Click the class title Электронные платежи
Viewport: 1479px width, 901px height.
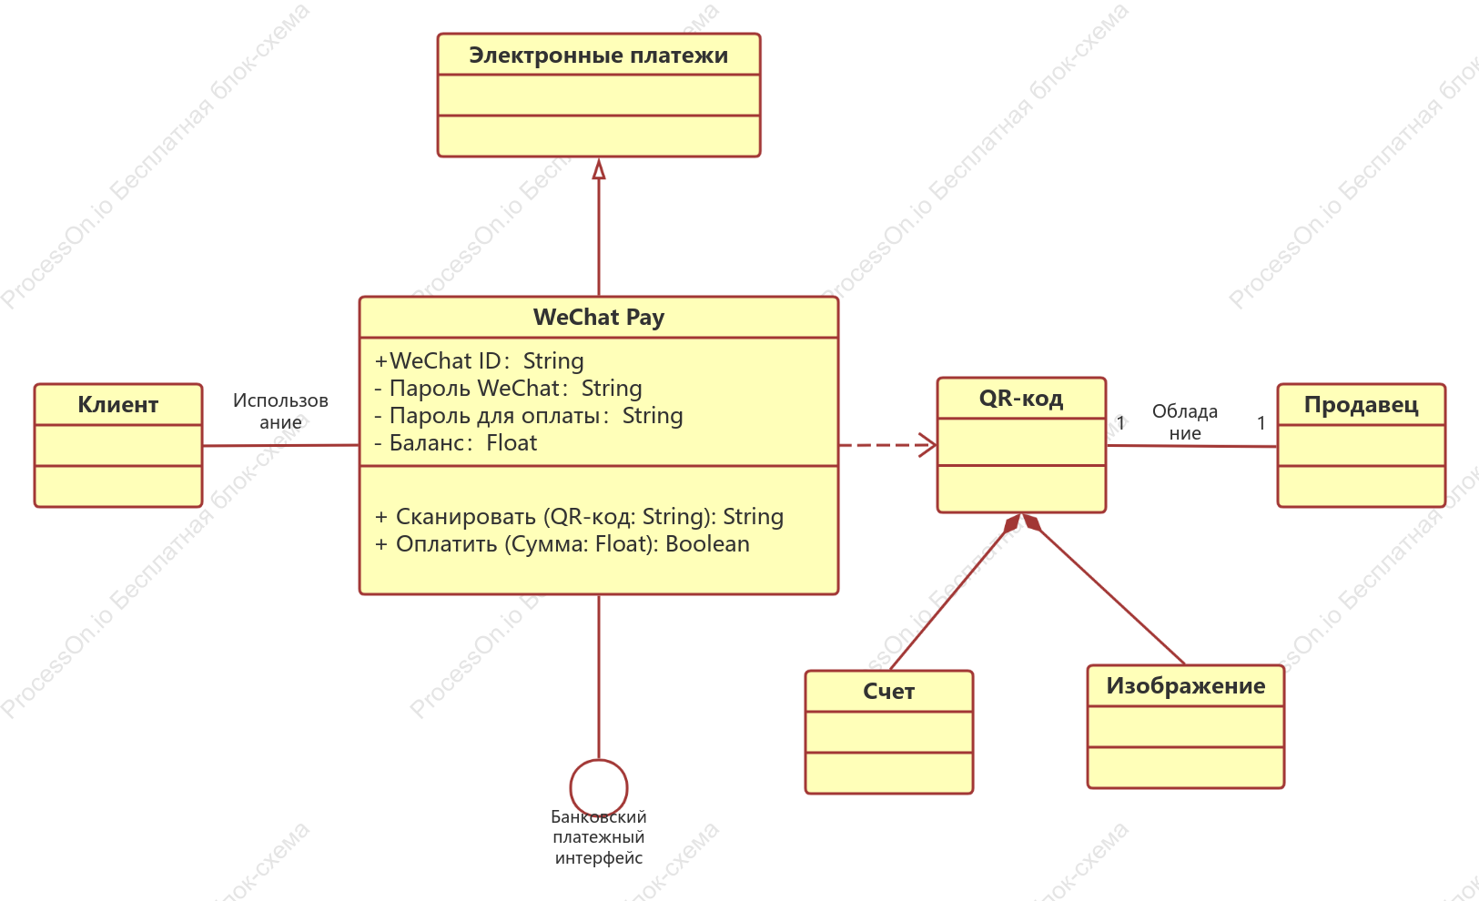click(x=598, y=56)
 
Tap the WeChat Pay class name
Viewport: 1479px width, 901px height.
click(x=598, y=318)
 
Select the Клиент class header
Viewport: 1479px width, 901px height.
click(x=118, y=405)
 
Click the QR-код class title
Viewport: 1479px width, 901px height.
click(x=1021, y=398)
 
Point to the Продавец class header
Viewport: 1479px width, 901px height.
click(x=1361, y=405)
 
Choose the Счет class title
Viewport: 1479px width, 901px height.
click(x=888, y=691)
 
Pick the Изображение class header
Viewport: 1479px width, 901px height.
click(x=1186, y=686)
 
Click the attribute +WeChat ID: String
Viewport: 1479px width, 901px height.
click(x=480, y=361)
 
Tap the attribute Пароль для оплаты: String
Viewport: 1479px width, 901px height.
click(x=529, y=416)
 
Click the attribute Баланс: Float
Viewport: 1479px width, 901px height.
click(x=456, y=443)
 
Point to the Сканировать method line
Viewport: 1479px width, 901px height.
click(x=579, y=517)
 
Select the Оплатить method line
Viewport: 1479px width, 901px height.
click(x=562, y=544)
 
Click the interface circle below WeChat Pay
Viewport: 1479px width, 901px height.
click(x=599, y=761)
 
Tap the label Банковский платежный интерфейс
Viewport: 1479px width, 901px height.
click(x=598, y=837)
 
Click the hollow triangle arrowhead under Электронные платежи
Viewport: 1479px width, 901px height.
click(x=599, y=169)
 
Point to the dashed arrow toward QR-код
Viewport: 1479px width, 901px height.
click(x=888, y=445)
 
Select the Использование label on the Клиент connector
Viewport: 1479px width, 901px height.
click(x=280, y=411)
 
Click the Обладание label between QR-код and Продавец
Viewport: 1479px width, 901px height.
click(x=1185, y=422)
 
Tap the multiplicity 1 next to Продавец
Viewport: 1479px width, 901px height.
click(x=1261, y=423)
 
